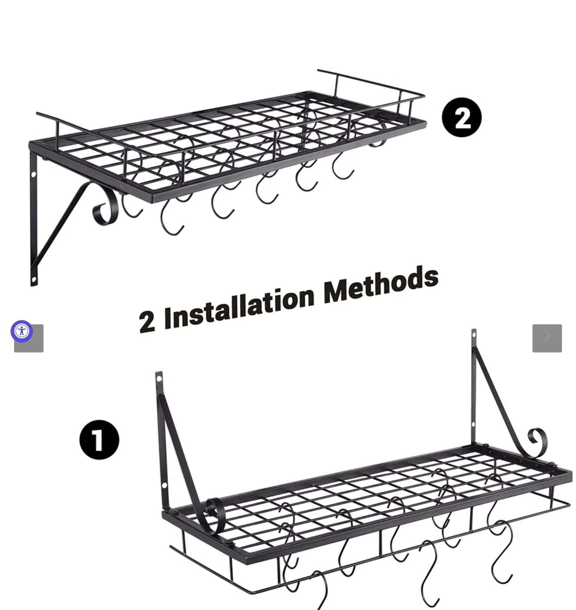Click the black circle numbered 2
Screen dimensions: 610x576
pos(462,117)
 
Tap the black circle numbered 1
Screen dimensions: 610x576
pos(99,440)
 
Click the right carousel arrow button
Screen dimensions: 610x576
pos(547,338)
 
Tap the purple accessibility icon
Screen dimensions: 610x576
pos(22,331)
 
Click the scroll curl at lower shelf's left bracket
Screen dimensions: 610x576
pos(214,515)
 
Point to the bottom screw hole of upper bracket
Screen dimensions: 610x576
pos(34,280)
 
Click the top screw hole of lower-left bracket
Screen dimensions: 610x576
pos(159,379)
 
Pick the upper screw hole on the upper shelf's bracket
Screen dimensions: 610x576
pos(34,174)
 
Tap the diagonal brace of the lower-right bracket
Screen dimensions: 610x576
pos(499,397)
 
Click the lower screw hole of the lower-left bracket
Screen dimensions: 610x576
pos(164,486)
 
